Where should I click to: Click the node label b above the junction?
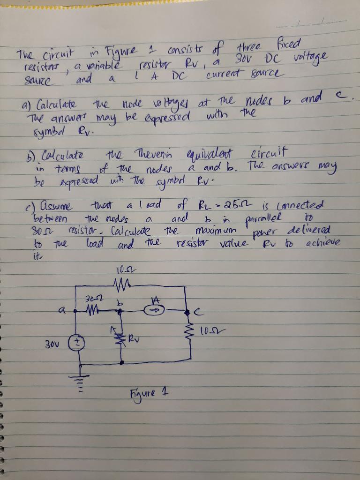(120, 302)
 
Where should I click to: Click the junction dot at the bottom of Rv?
(122, 363)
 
